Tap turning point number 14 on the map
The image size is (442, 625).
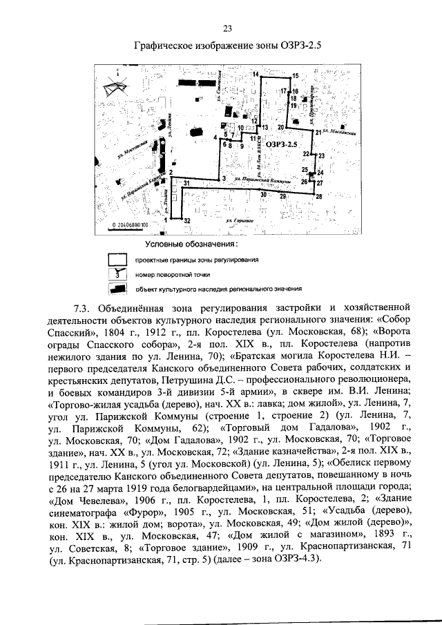pos(255,74)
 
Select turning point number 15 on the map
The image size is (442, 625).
pos(295,75)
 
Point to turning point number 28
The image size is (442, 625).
pos(318,198)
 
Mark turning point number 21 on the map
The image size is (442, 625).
pos(318,132)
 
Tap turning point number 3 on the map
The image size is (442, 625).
pos(224,179)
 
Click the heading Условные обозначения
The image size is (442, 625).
pos(191,244)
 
